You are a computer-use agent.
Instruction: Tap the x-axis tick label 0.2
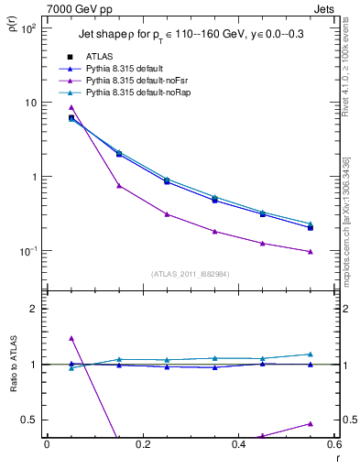coord(142,444)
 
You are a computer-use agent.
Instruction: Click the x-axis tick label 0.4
coord(238,444)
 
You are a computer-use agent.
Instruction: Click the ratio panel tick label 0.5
coord(29,420)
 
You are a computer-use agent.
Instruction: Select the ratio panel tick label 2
coord(33,309)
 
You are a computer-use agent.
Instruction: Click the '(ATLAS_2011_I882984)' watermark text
coord(190,274)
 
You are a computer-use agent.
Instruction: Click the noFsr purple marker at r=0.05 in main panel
coord(71,108)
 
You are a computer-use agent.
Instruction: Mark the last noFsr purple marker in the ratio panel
coord(311,424)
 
